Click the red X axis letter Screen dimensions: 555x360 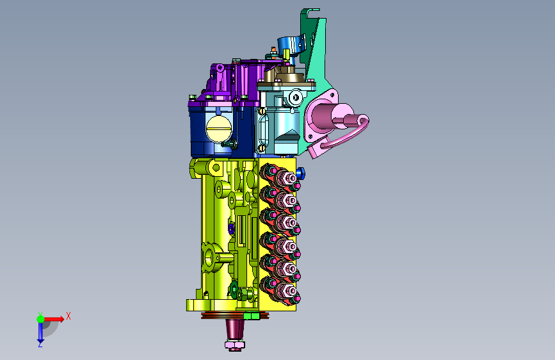click(x=68, y=316)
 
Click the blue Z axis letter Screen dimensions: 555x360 click(x=40, y=343)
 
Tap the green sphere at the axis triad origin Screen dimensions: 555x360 click(x=41, y=319)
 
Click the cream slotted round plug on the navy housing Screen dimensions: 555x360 click(x=219, y=128)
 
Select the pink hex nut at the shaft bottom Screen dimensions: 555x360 click(x=235, y=345)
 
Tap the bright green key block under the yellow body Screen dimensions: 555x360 click(x=252, y=316)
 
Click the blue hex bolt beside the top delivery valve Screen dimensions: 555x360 click(x=300, y=174)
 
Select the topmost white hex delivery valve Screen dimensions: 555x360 click(x=286, y=178)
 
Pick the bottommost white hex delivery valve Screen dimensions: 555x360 click(x=286, y=291)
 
